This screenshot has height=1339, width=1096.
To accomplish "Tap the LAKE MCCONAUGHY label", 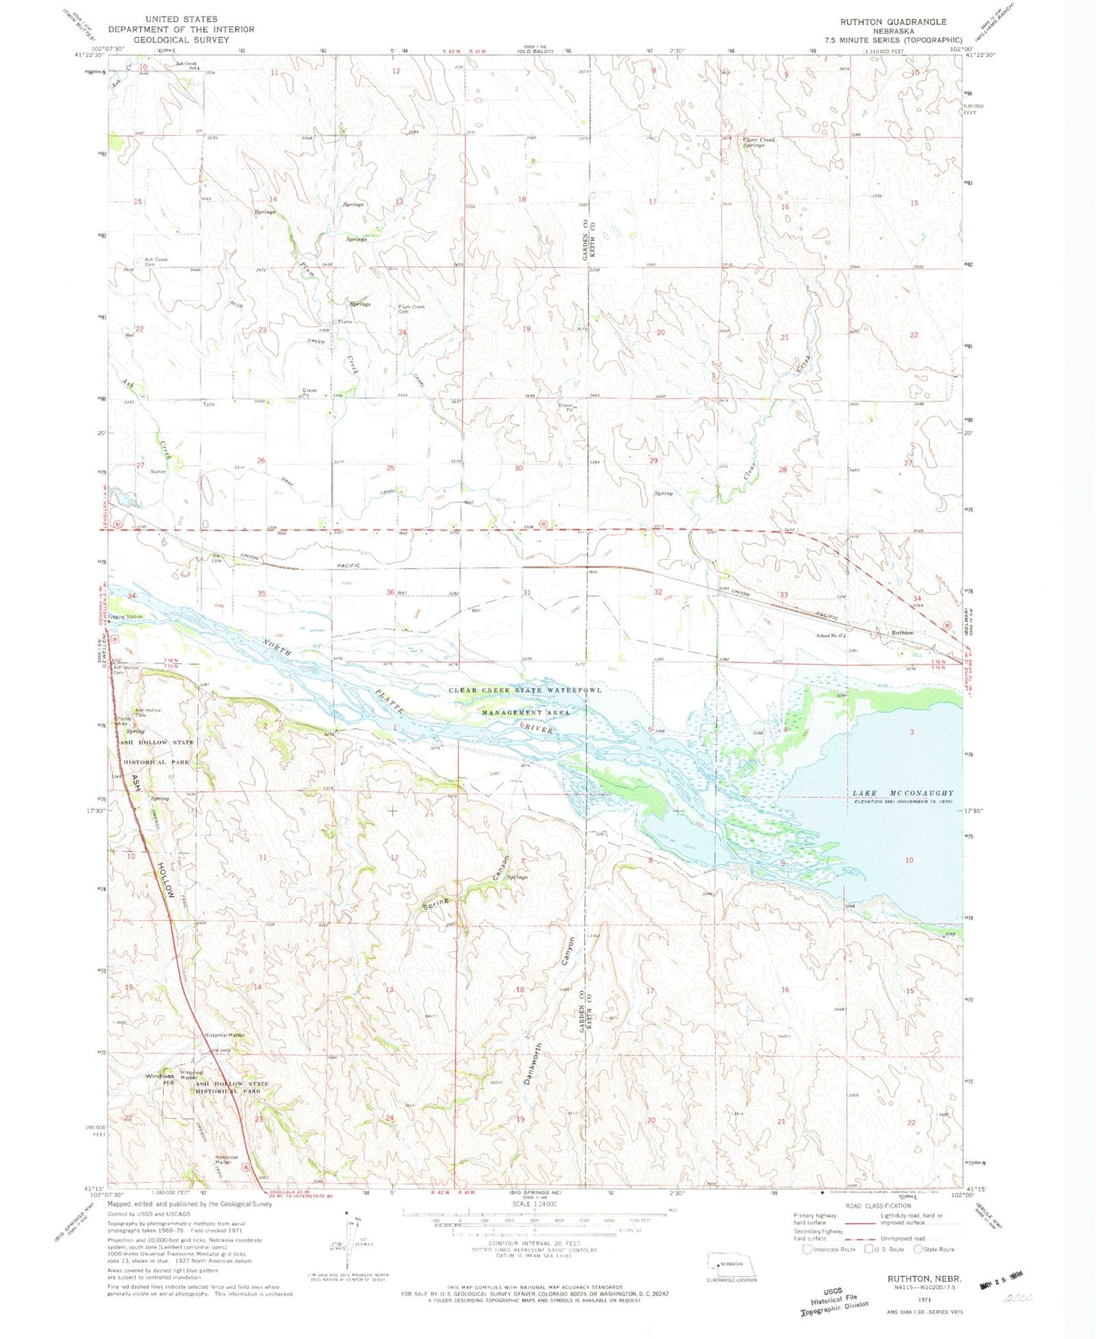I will (903, 793).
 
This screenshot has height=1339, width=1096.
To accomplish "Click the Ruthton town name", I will (902, 632).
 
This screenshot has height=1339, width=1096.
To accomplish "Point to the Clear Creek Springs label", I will (759, 142).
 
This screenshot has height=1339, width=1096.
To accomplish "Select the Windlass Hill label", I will (160, 1079).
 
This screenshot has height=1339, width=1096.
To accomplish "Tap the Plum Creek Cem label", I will (412, 309).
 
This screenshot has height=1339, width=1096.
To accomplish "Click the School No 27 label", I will (831, 636).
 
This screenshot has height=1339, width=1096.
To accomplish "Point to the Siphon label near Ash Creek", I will (158, 471).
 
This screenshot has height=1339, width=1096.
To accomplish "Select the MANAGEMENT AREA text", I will (526, 713).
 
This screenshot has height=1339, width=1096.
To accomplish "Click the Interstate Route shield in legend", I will (807, 1249).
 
